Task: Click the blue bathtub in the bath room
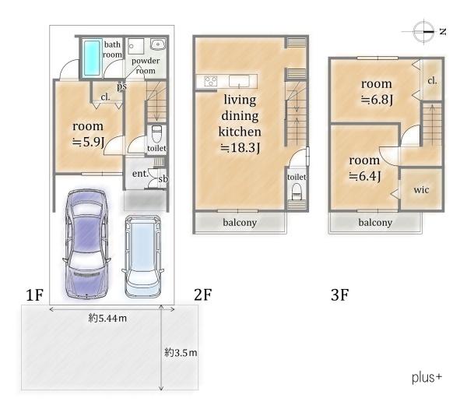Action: pos(92,58)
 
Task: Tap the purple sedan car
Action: pos(86,244)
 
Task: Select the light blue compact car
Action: pos(142,256)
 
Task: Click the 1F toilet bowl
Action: pos(156,134)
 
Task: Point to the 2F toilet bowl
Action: pos(297,192)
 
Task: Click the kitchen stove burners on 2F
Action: pos(211,81)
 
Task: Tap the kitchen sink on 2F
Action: pos(239,81)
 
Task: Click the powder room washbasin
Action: pos(157,44)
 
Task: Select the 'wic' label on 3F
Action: pos(421,189)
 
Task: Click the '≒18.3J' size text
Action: pos(240,147)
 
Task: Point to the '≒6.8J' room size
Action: pos(377,100)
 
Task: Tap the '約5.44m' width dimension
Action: pos(107,319)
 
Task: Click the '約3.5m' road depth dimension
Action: pos(181,353)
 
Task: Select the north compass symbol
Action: pos(423,31)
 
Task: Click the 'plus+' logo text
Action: pos(427,377)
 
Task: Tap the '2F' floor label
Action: pos(203,294)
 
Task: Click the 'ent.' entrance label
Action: pos(140,174)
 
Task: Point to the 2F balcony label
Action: pos(240,222)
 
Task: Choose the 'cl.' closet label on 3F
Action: pos(432,80)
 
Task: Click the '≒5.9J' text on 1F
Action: pos(88,143)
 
